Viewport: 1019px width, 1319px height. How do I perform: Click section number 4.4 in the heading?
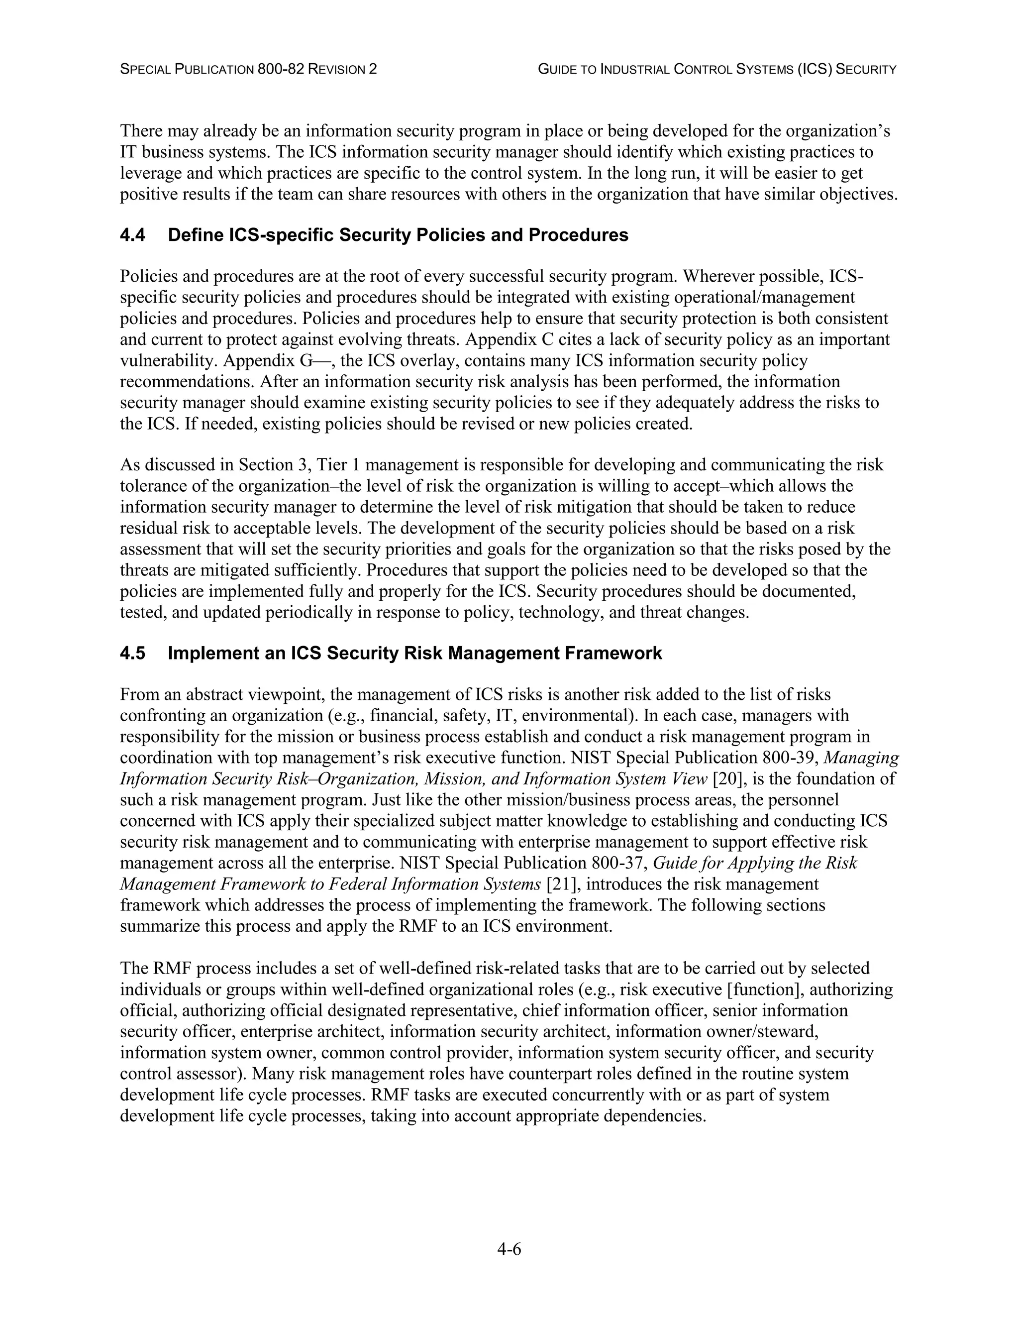click(x=132, y=235)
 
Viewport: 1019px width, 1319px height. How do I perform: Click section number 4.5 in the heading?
click(x=132, y=654)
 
